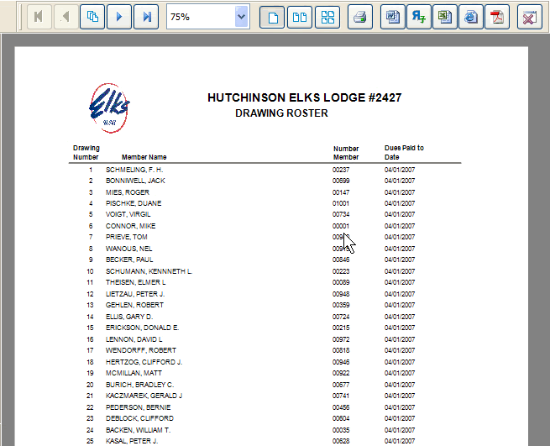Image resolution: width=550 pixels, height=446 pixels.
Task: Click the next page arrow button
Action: tap(120, 17)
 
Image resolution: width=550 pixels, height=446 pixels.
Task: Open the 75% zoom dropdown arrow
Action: tap(241, 17)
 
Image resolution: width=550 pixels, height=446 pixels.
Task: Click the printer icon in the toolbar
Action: tap(359, 17)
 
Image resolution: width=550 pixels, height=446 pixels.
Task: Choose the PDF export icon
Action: tap(497, 17)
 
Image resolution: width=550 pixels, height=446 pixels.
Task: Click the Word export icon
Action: tap(390, 17)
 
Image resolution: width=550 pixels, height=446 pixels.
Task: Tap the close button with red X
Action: tap(528, 17)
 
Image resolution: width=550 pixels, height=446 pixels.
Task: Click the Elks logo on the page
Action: tap(109, 107)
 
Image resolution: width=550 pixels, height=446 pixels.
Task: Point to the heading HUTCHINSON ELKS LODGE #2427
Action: tap(304, 98)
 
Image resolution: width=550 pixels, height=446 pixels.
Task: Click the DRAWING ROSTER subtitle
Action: tap(281, 113)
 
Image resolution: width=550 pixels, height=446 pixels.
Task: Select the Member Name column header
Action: tap(144, 157)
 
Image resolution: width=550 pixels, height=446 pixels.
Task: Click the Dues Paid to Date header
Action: tap(404, 152)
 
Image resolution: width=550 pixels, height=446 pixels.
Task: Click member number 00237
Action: tap(341, 170)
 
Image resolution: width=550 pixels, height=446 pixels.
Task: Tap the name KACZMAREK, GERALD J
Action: tap(144, 396)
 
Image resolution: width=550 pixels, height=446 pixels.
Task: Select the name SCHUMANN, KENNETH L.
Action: tap(149, 271)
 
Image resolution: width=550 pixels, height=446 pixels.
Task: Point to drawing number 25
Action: tap(90, 441)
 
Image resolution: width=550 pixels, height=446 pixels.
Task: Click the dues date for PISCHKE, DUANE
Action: tap(401, 203)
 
